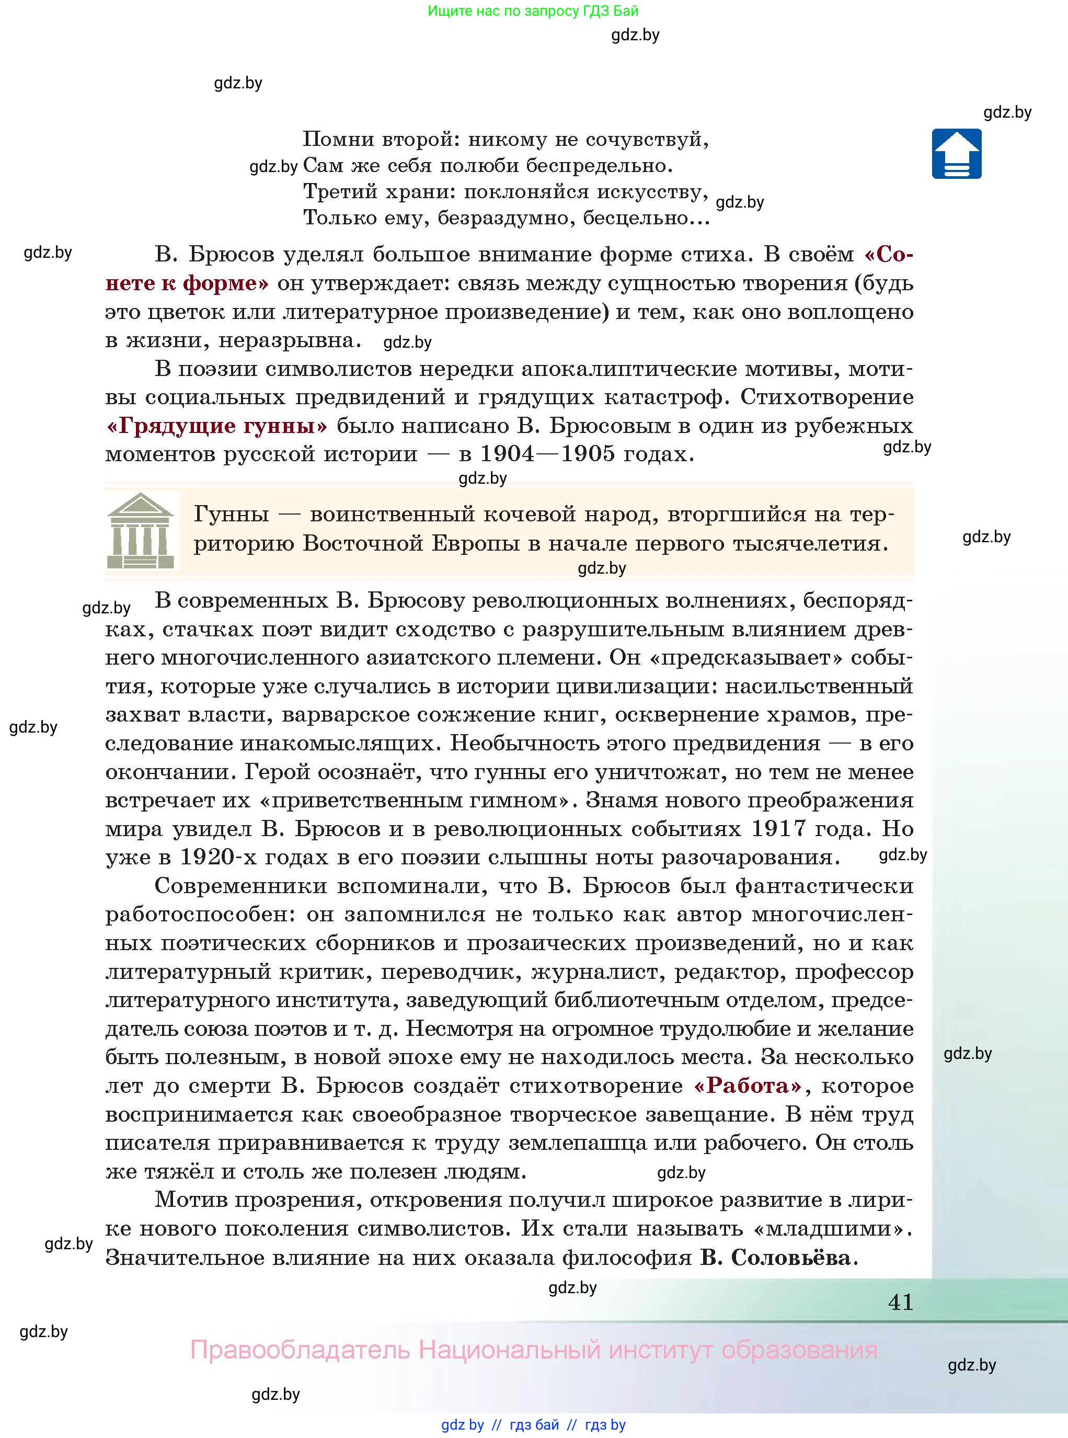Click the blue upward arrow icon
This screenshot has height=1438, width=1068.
pos(956,154)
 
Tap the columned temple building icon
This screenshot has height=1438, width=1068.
pos(141,531)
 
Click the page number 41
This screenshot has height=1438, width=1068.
pos(901,1302)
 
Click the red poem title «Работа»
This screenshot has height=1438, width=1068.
pos(748,1085)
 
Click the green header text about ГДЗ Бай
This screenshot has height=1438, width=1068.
pos(533,11)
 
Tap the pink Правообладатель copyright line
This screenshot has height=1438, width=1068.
pos(533,1350)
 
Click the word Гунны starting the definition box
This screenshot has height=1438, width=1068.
pos(231,514)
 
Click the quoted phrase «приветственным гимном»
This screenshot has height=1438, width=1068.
pos(418,800)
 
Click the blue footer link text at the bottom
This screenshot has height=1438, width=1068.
pos(533,1425)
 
